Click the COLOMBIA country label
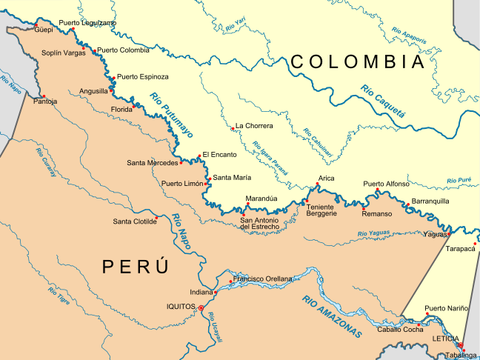pyautogui.click(x=358, y=61)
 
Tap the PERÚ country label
pyautogui.click(x=136, y=267)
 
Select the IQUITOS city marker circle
pyautogui.click(x=201, y=307)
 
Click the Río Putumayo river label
pyautogui.click(x=171, y=116)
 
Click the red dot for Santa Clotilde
pyautogui.click(x=157, y=220)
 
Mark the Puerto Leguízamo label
pyautogui.click(x=87, y=23)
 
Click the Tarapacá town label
pyautogui.click(x=460, y=249)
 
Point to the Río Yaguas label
pyautogui.click(x=373, y=234)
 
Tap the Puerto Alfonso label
pyautogui.click(x=386, y=184)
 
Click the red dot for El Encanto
pyautogui.click(x=199, y=156)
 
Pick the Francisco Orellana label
pyautogui.click(x=263, y=279)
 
